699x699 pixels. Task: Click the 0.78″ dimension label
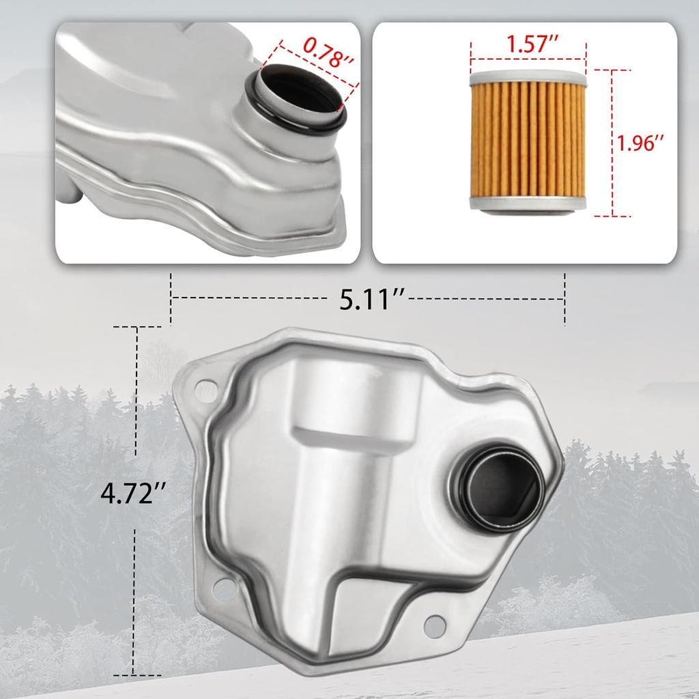(x=328, y=53)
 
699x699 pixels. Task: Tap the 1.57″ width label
(x=532, y=43)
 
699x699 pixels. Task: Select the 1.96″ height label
(x=640, y=143)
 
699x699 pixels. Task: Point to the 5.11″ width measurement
(x=371, y=299)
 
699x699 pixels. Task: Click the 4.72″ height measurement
(x=133, y=494)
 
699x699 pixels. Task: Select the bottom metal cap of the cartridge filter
(x=528, y=204)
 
